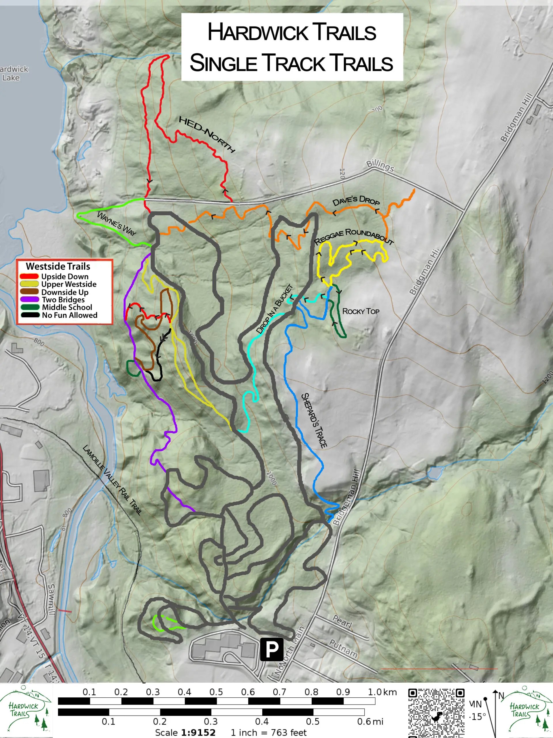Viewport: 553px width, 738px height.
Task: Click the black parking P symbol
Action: click(x=272, y=649)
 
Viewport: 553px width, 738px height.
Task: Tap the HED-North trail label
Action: click(x=207, y=134)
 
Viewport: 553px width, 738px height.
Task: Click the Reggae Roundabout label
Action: click(x=354, y=237)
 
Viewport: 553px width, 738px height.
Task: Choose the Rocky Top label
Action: click(x=361, y=311)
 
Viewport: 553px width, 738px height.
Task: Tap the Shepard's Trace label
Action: click(x=314, y=420)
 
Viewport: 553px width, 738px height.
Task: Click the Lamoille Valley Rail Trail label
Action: click(x=112, y=480)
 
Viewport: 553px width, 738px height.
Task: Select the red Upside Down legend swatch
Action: click(x=29, y=276)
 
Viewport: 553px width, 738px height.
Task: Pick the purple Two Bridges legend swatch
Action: click(x=29, y=300)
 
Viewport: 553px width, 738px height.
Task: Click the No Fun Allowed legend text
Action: click(x=69, y=315)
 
